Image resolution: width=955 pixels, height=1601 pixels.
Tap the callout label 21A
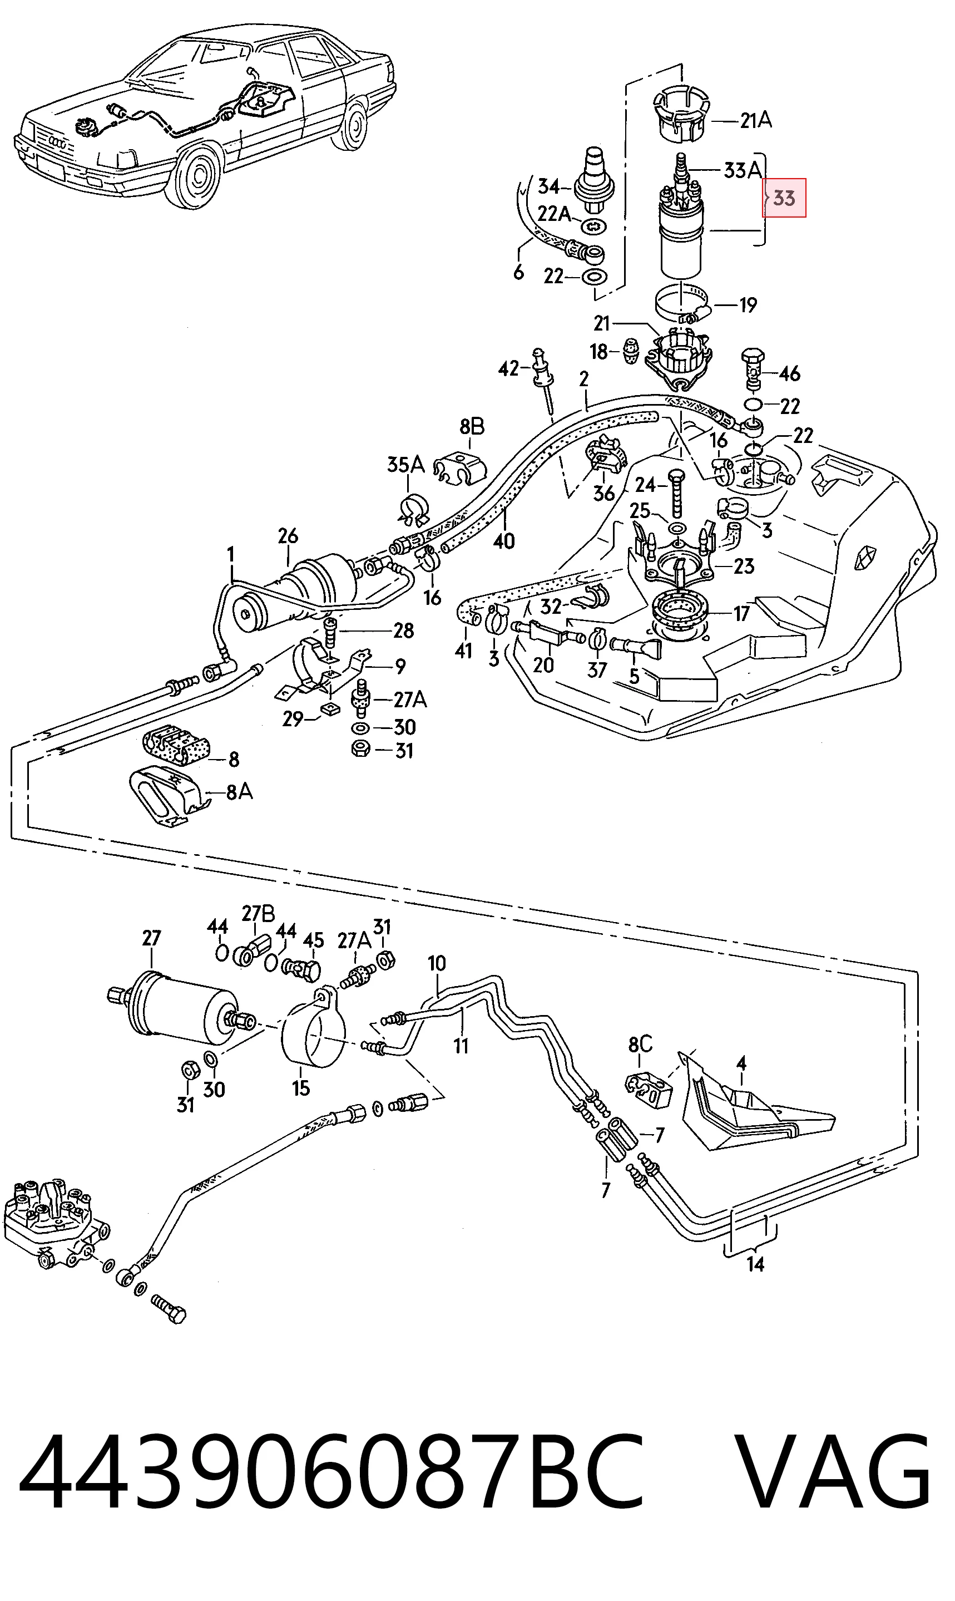[755, 120]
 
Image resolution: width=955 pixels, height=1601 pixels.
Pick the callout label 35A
[405, 464]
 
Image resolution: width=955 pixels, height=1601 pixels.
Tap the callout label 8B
[472, 426]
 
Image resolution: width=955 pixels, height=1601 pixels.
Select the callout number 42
[508, 368]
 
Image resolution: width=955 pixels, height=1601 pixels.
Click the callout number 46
[790, 373]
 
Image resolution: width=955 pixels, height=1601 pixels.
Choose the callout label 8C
[640, 1043]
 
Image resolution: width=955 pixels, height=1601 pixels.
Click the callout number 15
[300, 1087]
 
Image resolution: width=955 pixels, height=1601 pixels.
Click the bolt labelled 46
[753, 368]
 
